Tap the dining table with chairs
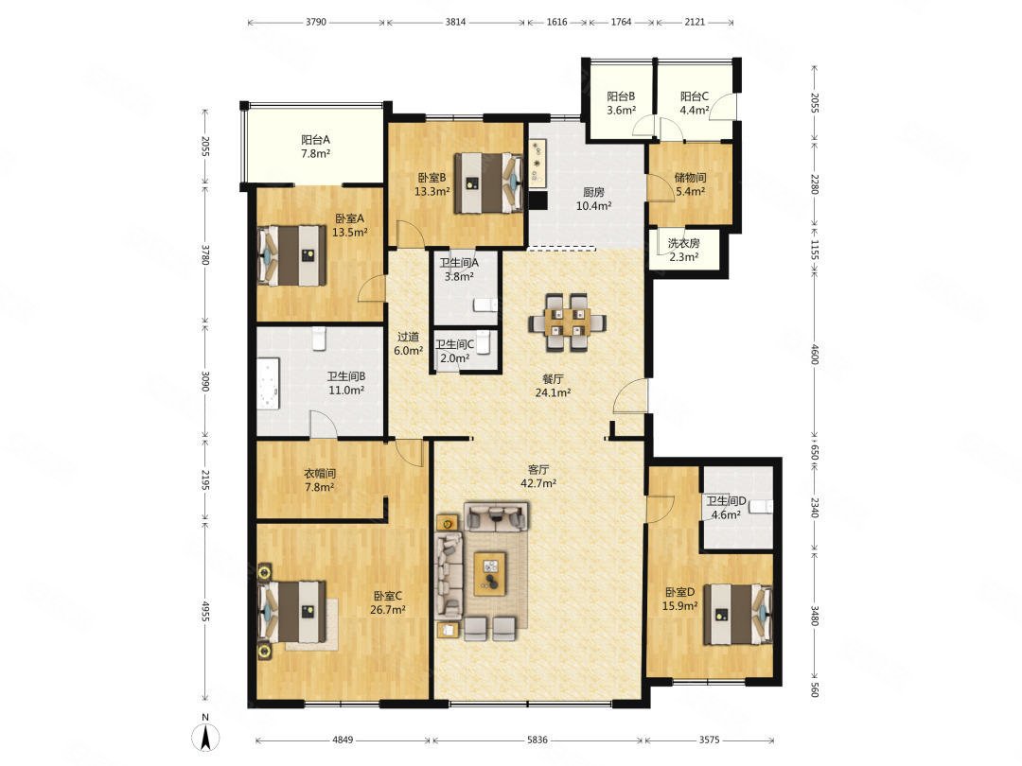click(567, 322)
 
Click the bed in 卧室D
click(738, 615)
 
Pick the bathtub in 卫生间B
click(269, 383)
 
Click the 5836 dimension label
click(537, 740)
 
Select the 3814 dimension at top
click(455, 22)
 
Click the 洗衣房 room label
click(684, 243)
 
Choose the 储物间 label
click(690, 177)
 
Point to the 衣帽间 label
click(320, 474)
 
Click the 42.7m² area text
click(538, 483)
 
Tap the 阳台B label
click(621, 96)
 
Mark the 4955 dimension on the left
click(205, 612)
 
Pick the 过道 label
click(408, 337)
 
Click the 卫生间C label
click(455, 344)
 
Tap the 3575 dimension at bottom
click(710, 740)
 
